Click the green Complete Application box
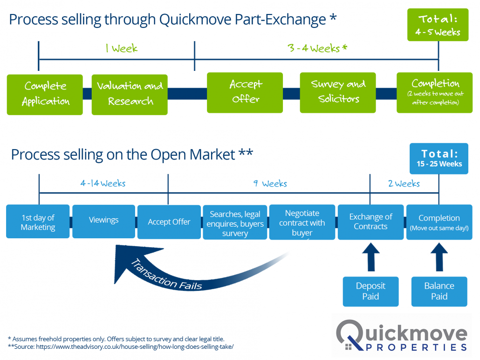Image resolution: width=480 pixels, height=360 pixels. [x=45, y=94]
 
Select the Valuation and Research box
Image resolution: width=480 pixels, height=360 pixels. [x=130, y=94]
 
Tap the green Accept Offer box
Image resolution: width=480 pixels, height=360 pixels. [x=245, y=92]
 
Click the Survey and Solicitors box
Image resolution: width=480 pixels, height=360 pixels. [x=338, y=92]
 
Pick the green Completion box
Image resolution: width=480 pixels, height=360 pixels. [x=434, y=92]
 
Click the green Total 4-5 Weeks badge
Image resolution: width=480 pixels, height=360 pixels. [x=438, y=25]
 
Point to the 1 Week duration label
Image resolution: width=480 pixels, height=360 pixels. [x=121, y=48]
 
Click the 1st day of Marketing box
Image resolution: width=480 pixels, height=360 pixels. [x=38, y=222]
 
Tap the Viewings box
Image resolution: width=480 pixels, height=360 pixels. [x=103, y=220]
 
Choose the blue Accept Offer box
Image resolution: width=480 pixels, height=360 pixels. [x=169, y=222]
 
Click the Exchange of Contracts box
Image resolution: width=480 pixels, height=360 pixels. [x=370, y=222]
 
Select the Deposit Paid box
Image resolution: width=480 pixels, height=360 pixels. [x=370, y=291]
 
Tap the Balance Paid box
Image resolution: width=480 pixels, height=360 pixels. [x=439, y=291]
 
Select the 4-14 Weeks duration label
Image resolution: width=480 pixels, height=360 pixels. [x=103, y=184]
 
